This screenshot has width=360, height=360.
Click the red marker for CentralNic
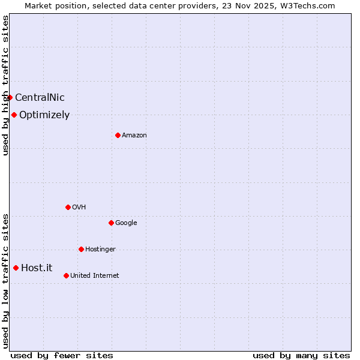click(x=10, y=97)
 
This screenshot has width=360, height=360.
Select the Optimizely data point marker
click(x=14, y=115)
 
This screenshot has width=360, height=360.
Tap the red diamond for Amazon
click(x=118, y=135)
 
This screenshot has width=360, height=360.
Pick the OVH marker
click(x=68, y=207)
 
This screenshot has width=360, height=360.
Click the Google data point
click(x=111, y=223)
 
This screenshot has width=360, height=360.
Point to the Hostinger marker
click(x=81, y=249)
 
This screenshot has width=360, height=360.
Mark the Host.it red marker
click(x=16, y=268)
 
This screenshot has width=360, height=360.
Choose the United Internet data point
click(x=66, y=275)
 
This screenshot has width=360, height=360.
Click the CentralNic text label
click(x=40, y=98)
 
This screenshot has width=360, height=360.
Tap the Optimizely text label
click(x=44, y=115)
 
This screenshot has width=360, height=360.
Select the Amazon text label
click(x=134, y=136)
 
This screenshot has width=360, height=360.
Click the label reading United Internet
click(x=95, y=276)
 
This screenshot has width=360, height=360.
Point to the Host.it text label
click(x=37, y=268)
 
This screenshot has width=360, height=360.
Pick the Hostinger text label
click(x=100, y=250)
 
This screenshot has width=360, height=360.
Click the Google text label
click(x=126, y=223)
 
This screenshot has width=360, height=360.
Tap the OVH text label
click(x=79, y=208)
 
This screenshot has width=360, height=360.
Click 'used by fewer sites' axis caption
click(x=62, y=355)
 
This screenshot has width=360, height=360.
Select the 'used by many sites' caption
click(x=301, y=355)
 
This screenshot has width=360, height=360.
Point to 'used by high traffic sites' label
click(x=6, y=85)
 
